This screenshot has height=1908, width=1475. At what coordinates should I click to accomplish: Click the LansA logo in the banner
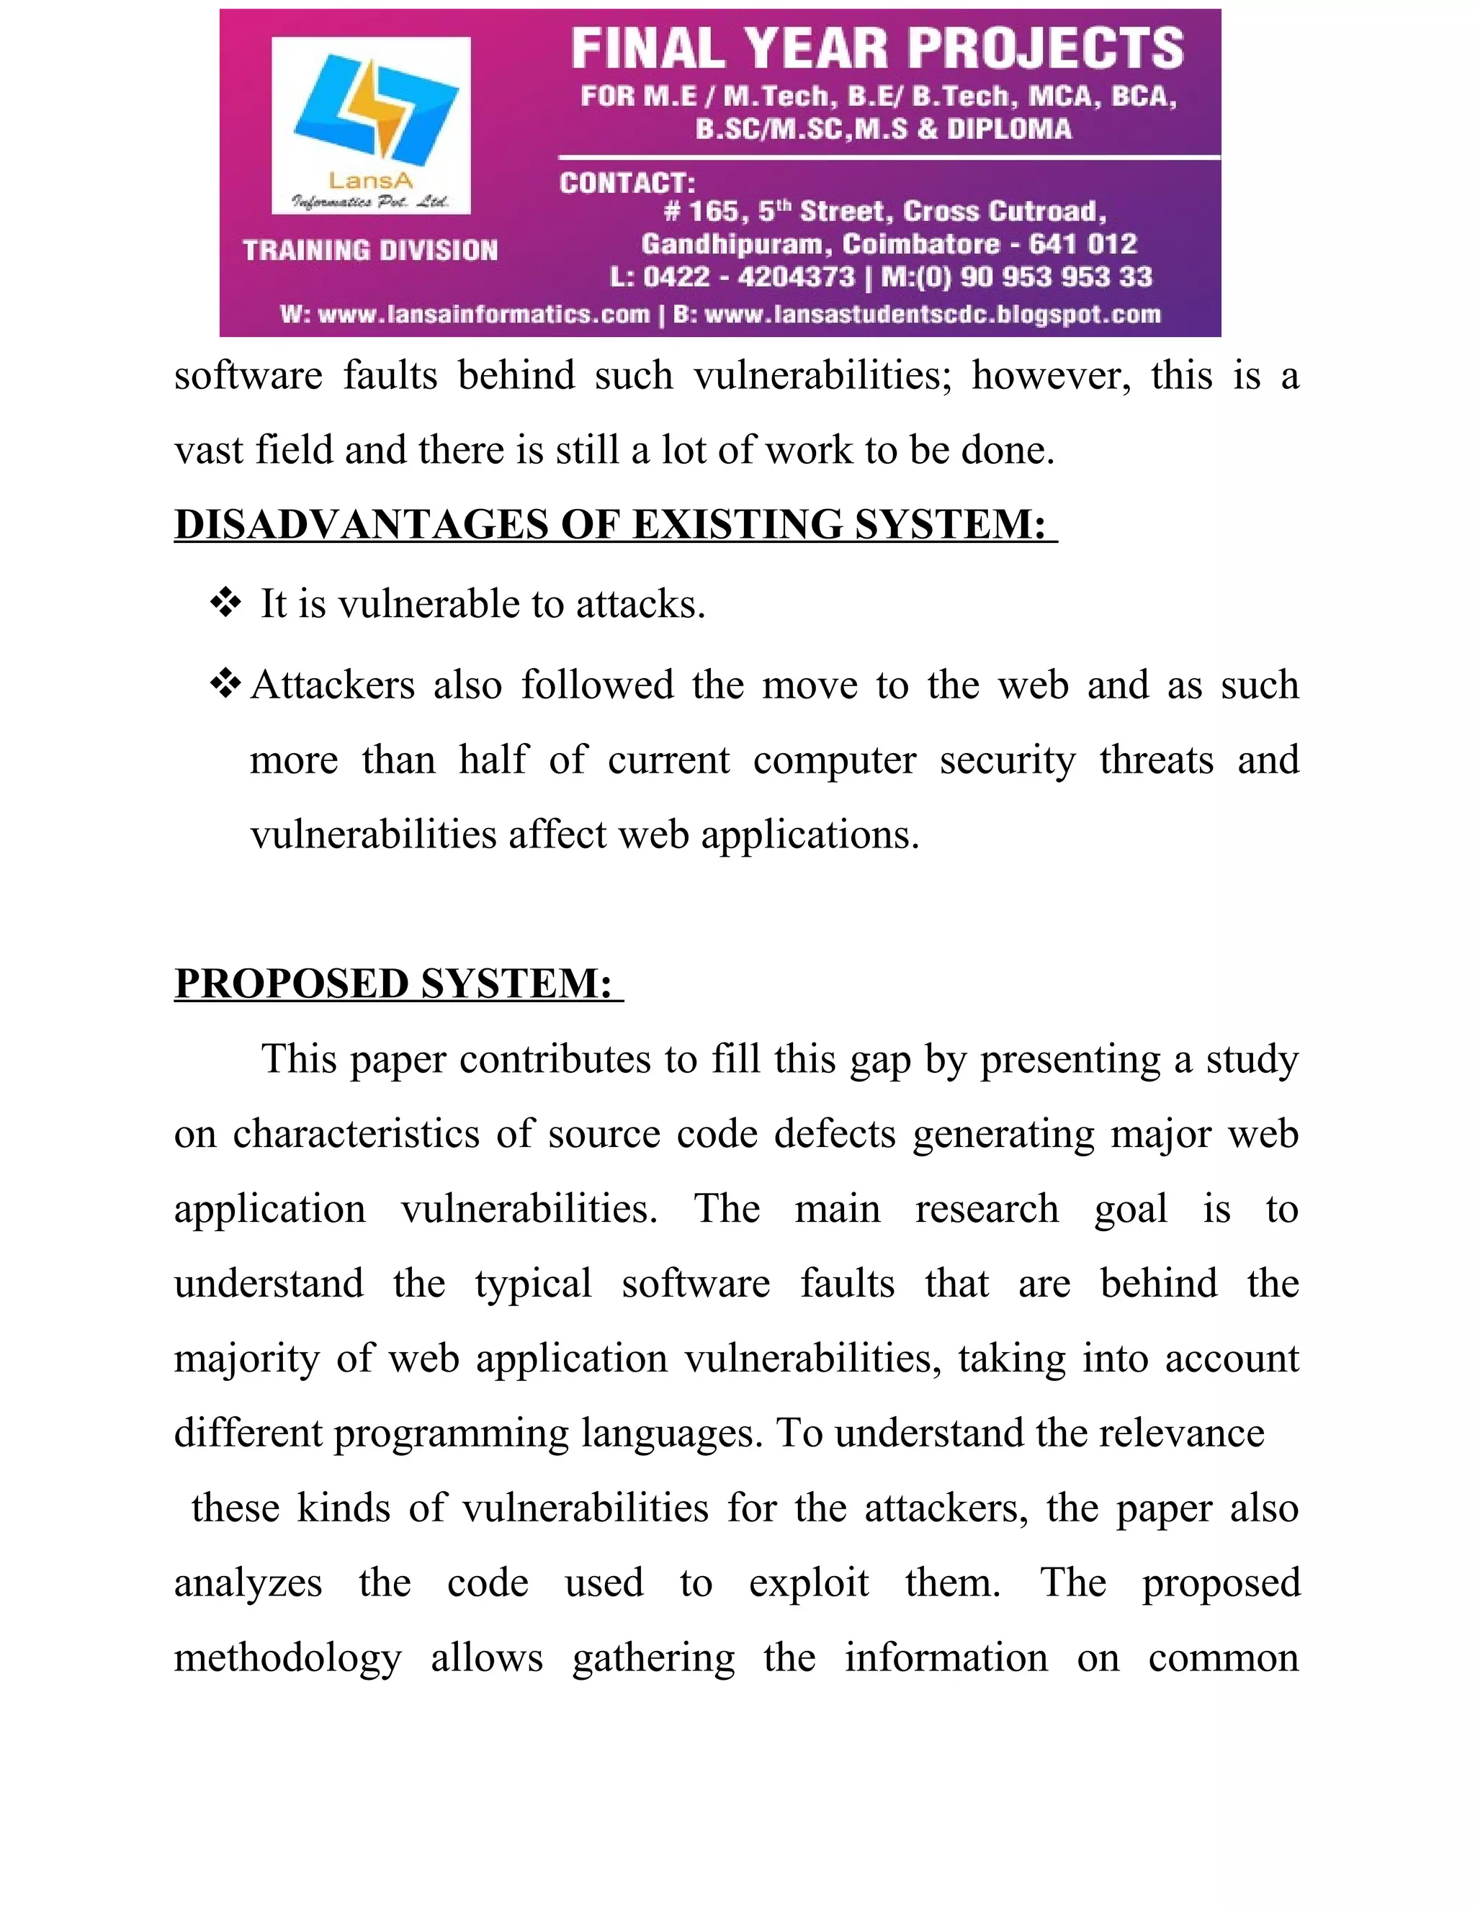coord(372,125)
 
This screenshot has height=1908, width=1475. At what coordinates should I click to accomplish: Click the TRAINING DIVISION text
coord(370,251)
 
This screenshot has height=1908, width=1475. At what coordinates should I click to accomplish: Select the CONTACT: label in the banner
coord(627,184)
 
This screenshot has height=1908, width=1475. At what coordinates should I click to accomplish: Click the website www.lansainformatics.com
coord(484,315)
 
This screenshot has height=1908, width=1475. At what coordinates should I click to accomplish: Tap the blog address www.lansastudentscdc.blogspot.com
coord(933,315)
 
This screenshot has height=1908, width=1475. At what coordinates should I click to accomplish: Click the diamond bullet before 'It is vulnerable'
coord(225,603)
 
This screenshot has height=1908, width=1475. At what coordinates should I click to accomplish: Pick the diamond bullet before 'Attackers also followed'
coord(225,683)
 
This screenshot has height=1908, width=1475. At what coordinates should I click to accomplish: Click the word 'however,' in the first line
coord(1050,376)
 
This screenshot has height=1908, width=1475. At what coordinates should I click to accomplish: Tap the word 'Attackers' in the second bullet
coord(332,684)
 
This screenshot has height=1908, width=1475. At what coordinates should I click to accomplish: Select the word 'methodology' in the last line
coord(287,1657)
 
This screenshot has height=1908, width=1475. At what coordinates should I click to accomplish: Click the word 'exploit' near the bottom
coord(808,1582)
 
